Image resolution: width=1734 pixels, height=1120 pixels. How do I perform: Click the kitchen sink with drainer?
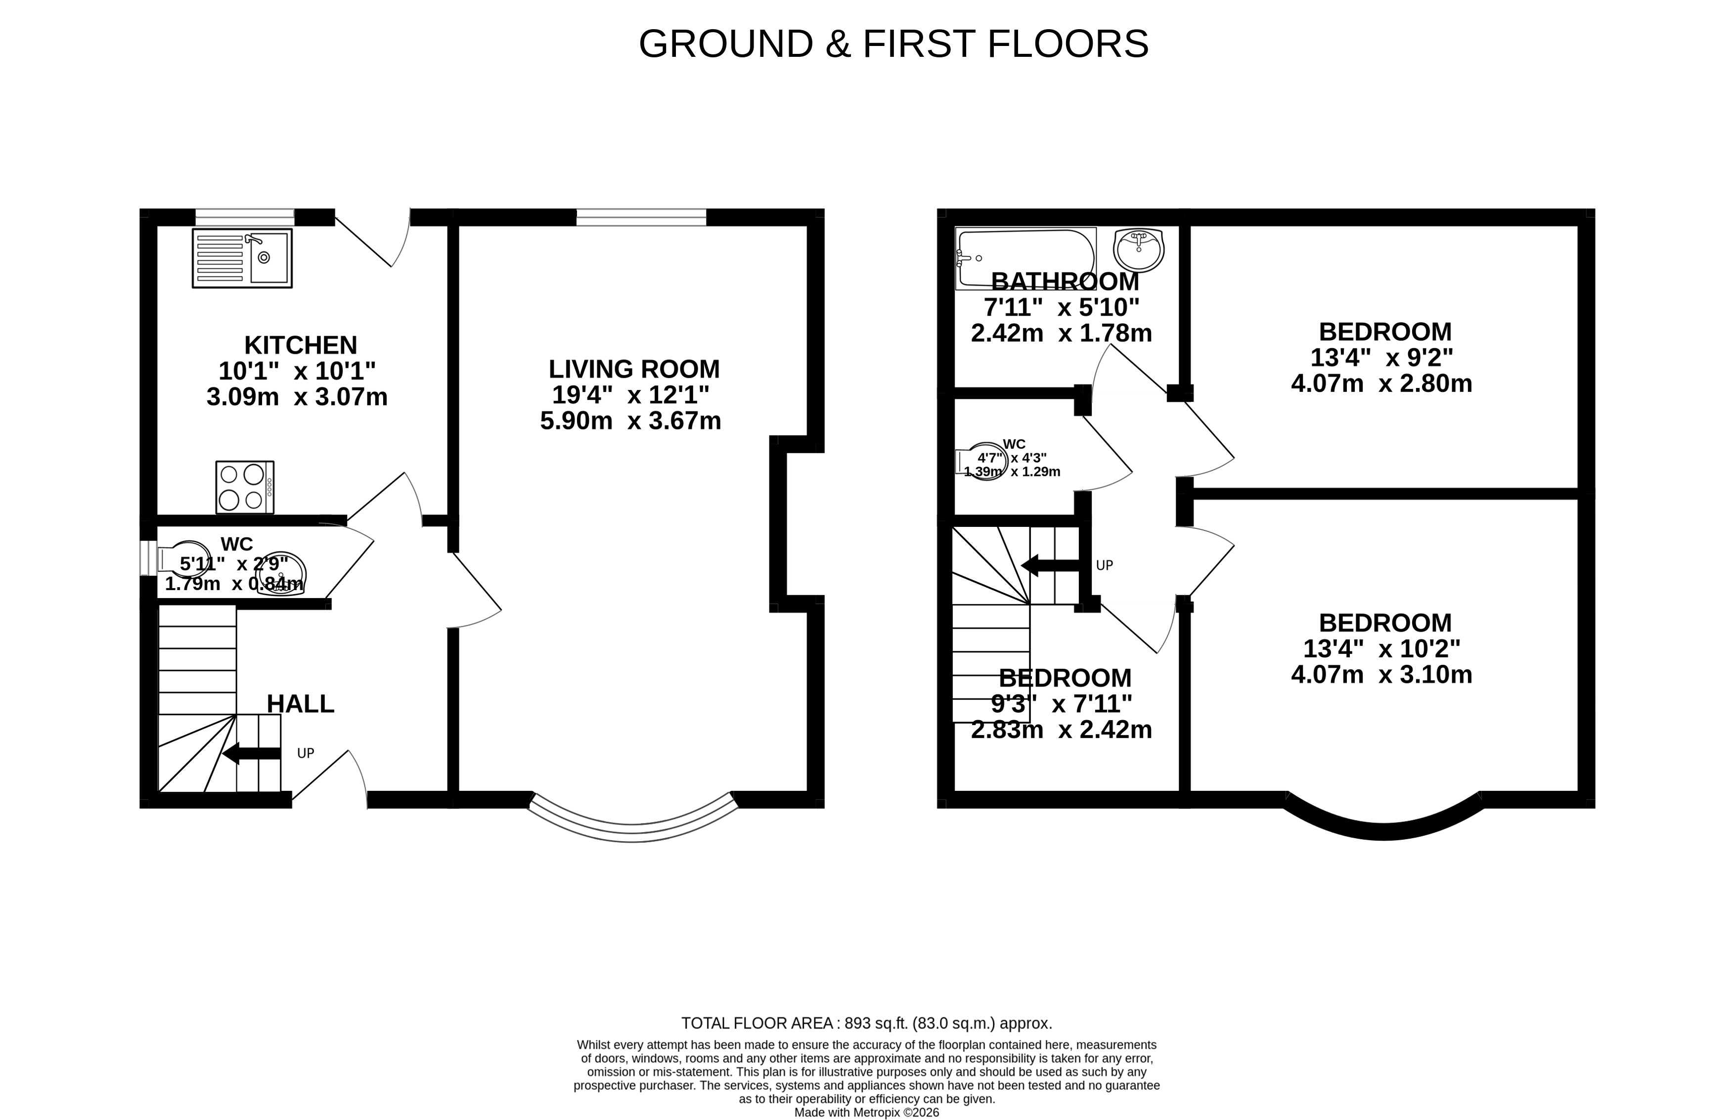[241, 258]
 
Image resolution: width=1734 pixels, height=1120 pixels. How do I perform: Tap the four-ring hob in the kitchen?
[244, 486]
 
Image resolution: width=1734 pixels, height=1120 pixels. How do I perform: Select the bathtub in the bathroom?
[1025, 258]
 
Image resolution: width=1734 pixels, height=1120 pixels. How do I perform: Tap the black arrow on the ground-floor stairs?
[251, 753]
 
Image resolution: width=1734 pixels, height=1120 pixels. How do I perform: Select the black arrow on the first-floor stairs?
[1050, 565]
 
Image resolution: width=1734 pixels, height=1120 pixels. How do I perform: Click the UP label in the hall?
[306, 753]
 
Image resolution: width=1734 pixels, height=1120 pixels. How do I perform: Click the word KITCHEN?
[301, 345]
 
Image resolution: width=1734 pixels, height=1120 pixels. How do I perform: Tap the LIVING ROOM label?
[633, 369]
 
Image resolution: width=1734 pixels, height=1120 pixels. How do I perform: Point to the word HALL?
[301, 703]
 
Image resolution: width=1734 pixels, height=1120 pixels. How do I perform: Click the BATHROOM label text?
[1065, 281]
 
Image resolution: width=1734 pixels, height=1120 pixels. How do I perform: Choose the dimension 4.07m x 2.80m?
[1381, 383]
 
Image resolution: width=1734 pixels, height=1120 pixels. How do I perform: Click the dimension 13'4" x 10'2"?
[1381, 648]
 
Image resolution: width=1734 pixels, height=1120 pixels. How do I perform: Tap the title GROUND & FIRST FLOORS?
[893, 43]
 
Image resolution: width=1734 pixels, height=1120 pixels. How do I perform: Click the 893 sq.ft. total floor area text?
[866, 1023]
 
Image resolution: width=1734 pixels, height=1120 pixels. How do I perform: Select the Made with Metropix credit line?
[866, 1112]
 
